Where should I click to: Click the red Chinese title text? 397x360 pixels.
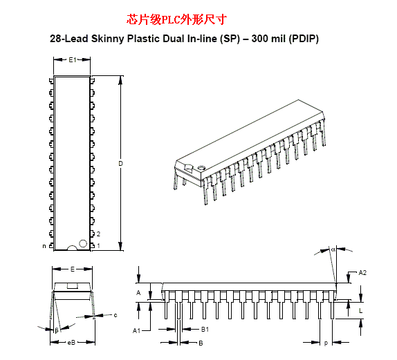point(176,19)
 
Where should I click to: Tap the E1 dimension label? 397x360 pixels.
point(73,59)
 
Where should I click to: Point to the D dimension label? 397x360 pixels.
point(120,164)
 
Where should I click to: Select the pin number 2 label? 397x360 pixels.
point(98,234)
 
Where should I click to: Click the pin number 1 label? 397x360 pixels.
point(98,245)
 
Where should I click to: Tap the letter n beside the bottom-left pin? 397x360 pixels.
point(44,246)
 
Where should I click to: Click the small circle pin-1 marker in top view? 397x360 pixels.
point(83,243)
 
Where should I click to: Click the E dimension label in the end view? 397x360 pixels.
point(73,269)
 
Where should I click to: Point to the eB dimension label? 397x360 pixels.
point(72,342)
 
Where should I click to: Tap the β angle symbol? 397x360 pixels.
point(57,330)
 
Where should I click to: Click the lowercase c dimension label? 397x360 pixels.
point(116,315)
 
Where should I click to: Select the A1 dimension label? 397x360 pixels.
point(136,330)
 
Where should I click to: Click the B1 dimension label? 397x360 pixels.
point(205,329)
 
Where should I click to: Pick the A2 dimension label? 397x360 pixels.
point(362,272)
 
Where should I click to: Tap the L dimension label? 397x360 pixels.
point(361,310)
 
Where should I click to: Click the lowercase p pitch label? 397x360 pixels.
point(326,343)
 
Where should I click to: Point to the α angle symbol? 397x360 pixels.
point(333,249)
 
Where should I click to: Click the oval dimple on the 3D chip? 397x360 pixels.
point(201,167)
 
